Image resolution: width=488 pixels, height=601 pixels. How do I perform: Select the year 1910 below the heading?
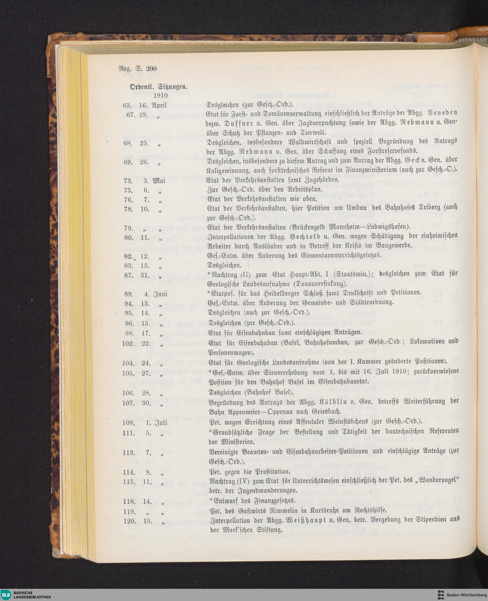[161, 96]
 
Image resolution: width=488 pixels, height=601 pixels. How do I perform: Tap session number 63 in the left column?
[127, 105]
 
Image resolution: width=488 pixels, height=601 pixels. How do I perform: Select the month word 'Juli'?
[160, 422]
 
